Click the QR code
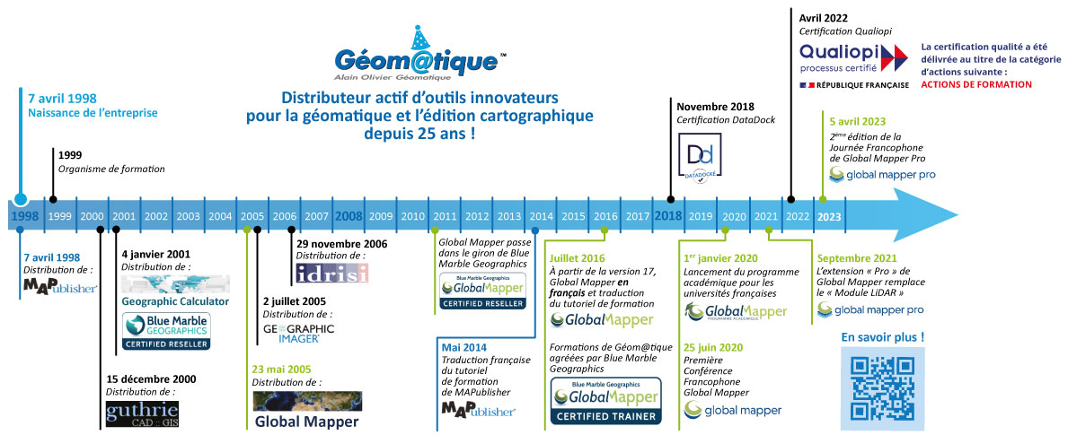pos(883,387)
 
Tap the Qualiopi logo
pos(854,66)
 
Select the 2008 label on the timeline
pos(348,216)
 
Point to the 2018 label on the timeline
pos(667,216)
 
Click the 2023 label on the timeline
pos(829,216)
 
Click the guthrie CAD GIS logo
pos(142,413)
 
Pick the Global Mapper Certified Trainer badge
pos(605,400)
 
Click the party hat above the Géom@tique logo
pos(421,38)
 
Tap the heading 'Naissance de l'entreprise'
pos(93,113)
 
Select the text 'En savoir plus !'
pos(883,336)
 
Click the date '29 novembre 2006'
pos(342,243)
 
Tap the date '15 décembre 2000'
pos(151,379)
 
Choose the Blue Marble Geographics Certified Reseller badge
pos(166,330)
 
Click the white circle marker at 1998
pos(21,198)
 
